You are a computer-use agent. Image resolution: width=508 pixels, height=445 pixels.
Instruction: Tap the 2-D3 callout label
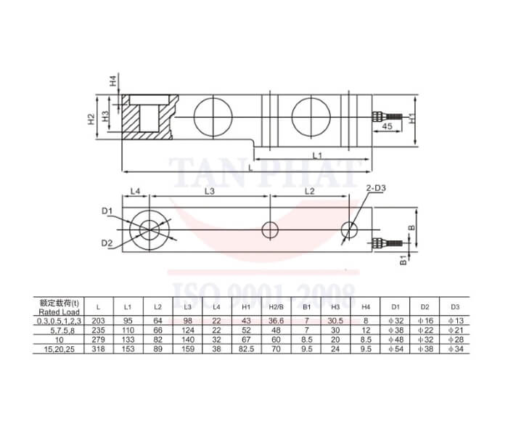point(376,189)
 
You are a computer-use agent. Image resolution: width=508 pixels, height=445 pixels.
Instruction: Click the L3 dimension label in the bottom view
point(210,191)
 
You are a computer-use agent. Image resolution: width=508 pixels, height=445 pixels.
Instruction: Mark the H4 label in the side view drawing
point(113,81)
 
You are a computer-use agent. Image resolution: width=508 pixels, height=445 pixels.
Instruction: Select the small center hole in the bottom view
point(270,230)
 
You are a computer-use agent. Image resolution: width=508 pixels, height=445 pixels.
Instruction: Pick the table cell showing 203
point(99,320)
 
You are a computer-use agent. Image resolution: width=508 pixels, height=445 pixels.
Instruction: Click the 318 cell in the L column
point(99,348)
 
